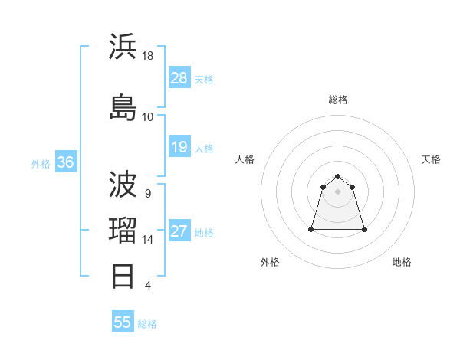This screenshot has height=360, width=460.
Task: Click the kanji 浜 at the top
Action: pos(123,47)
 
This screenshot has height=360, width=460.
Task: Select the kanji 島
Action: pos(123,106)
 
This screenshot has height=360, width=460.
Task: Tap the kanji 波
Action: pos(123,185)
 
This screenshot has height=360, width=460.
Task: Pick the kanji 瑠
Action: pos(123,231)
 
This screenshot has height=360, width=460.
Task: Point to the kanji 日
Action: pos(123,276)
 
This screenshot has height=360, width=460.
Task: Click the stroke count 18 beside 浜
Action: pos(148,56)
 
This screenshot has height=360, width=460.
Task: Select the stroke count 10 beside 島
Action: pos(148,116)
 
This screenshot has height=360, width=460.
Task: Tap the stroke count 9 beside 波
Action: pos(147,193)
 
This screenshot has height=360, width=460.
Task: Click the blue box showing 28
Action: pos(179,78)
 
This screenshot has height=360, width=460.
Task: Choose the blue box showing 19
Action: pos(179,147)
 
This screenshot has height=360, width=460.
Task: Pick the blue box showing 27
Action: pos(179,231)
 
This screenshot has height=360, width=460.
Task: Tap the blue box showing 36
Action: pos(66,162)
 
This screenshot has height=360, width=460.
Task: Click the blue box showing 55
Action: pos(123,322)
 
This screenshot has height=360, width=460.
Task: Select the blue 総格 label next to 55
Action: pos(147,324)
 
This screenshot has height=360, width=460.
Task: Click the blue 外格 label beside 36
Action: pos(41,163)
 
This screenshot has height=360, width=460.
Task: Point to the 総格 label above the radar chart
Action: pos(338,100)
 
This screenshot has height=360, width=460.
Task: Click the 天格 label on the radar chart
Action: pos(431,159)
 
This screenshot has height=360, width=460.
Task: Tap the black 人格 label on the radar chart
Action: pos(245,159)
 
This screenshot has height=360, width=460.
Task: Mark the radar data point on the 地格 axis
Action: pos(364,229)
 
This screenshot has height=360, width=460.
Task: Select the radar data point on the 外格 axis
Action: pos(312,229)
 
